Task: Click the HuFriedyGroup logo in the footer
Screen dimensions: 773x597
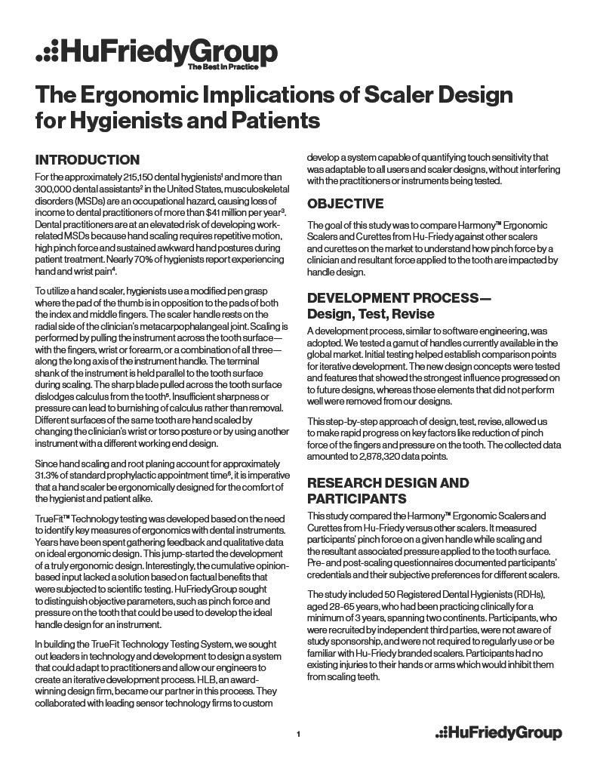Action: coord(499,732)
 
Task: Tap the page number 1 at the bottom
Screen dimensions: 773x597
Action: coord(299,733)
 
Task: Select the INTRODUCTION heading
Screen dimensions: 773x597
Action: coord(88,159)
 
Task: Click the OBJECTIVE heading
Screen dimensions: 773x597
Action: coord(345,204)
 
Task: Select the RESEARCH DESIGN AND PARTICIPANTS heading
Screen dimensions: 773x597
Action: coord(387,491)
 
